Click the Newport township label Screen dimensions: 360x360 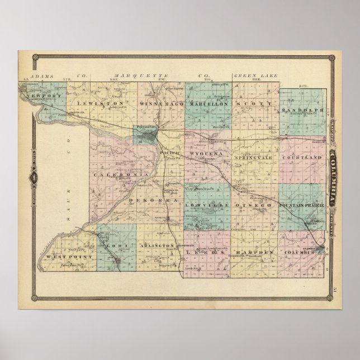44,96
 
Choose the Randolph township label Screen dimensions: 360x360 304,110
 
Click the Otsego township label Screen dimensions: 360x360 255,205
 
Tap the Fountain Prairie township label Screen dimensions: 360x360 303,205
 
